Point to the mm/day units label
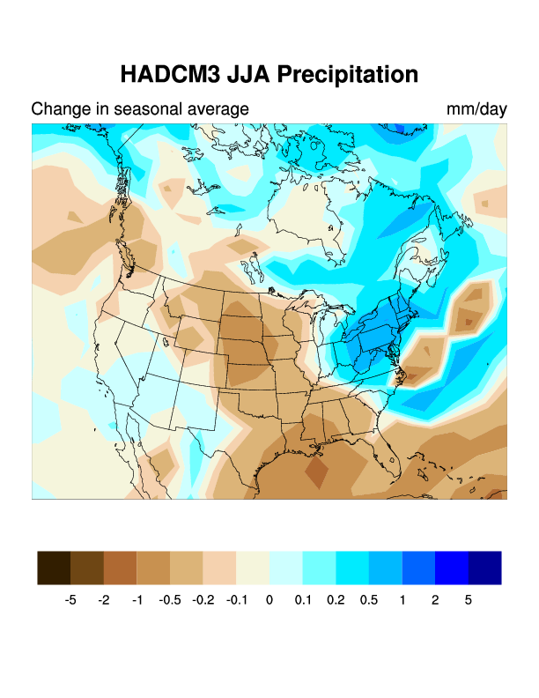click(476, 109)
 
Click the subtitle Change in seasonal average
click(140, 109)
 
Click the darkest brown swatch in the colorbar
click(54, 568)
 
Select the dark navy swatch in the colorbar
click(485, 568)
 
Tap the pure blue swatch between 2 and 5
click(452, 568)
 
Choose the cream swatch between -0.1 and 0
click(253, 568)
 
